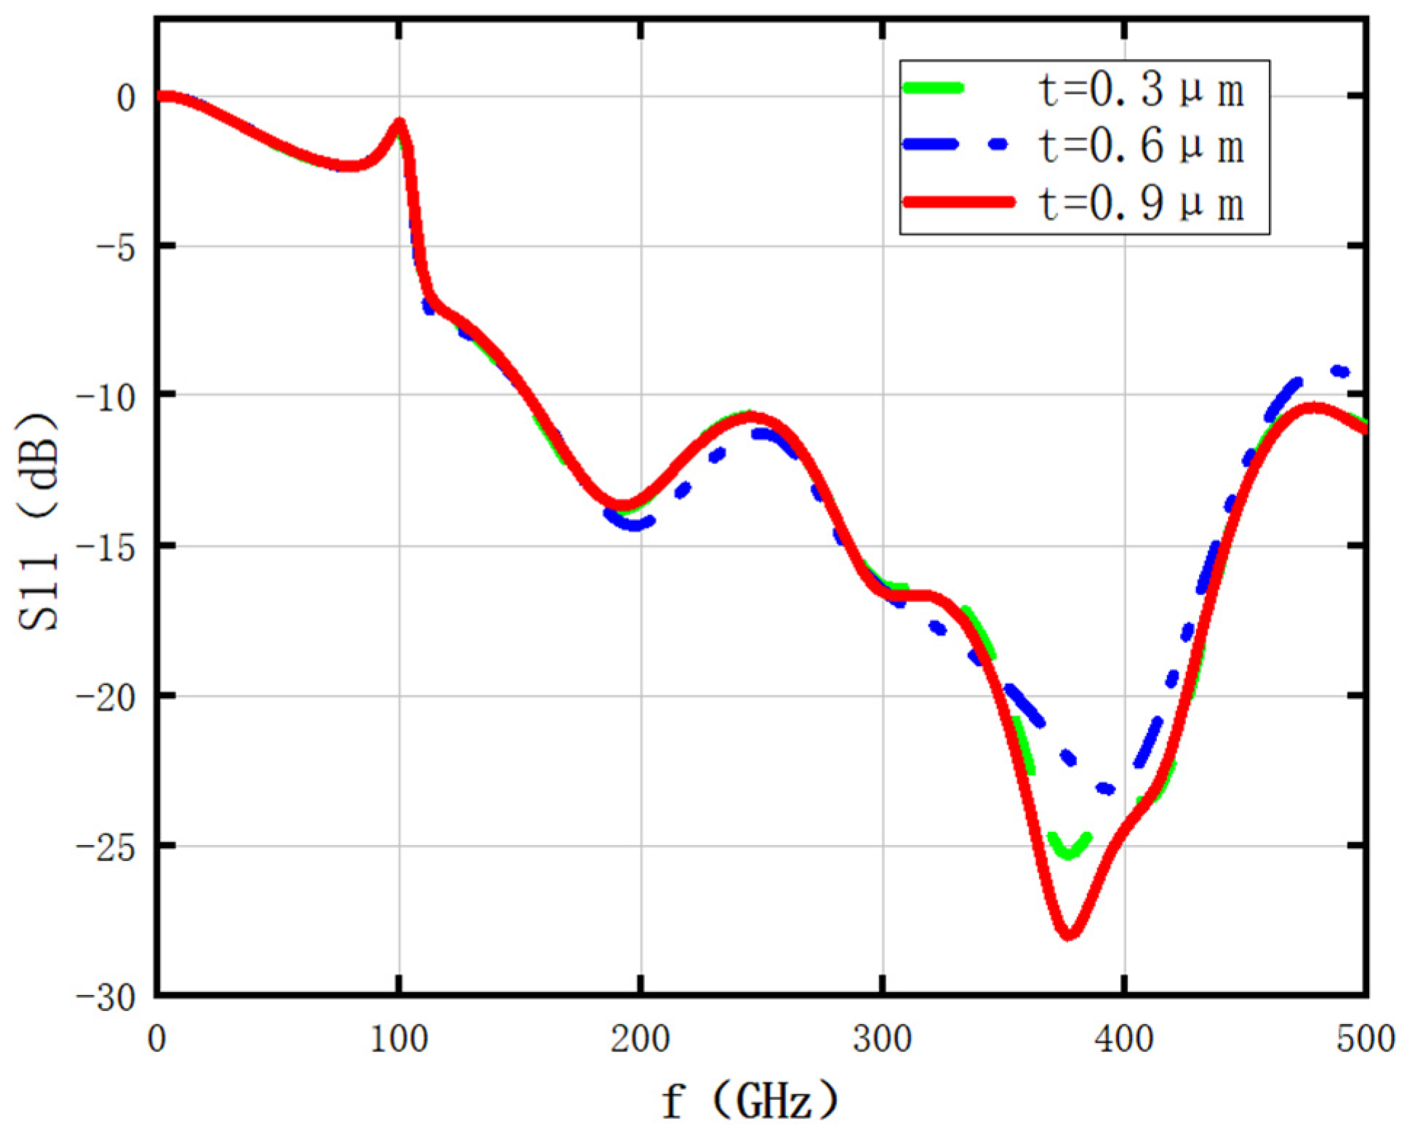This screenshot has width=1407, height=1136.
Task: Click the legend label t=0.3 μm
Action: point(1140,90)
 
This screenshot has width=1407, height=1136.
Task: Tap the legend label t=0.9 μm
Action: point(1140,203)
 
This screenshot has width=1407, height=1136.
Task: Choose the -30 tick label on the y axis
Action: point(107,997)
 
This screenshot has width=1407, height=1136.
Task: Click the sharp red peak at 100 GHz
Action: point(398,124)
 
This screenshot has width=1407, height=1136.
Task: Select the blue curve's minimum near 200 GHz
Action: point(634,524)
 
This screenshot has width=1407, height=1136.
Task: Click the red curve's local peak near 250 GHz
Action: point(752,417)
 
